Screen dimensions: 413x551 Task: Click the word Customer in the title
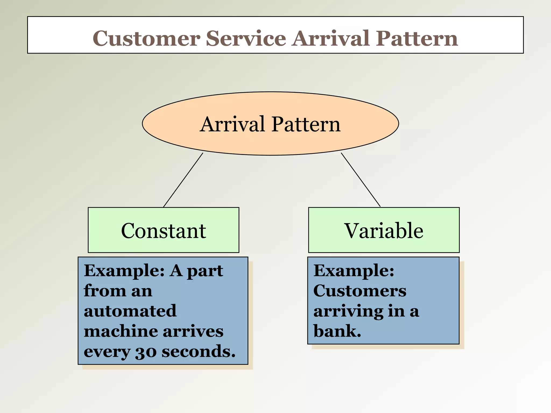(147, 38)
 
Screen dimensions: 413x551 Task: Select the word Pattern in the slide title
(417, 38)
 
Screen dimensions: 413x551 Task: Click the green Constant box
(163, 230)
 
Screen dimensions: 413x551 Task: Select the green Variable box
(384, 230)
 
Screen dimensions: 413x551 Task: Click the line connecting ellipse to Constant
(183, 180)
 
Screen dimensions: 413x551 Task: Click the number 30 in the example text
(146, 352)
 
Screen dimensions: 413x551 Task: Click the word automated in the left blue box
(130, 311)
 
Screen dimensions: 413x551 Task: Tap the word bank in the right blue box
(336, 331)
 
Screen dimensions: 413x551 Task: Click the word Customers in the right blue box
(360, 291)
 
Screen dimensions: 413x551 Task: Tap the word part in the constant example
(205, 271)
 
